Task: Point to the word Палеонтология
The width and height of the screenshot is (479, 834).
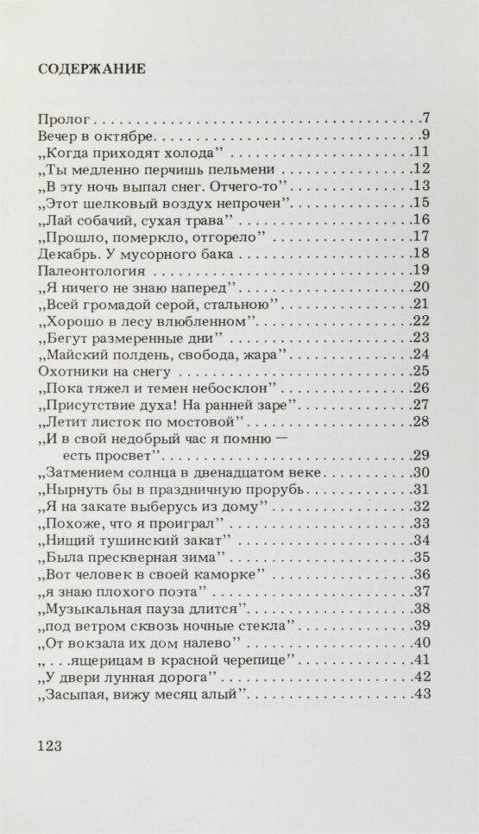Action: click(x=89, y=271)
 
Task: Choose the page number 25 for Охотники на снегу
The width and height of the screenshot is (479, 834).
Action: click(x=421, y=371)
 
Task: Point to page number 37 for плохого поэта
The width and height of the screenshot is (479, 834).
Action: click(x=421, y=591)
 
